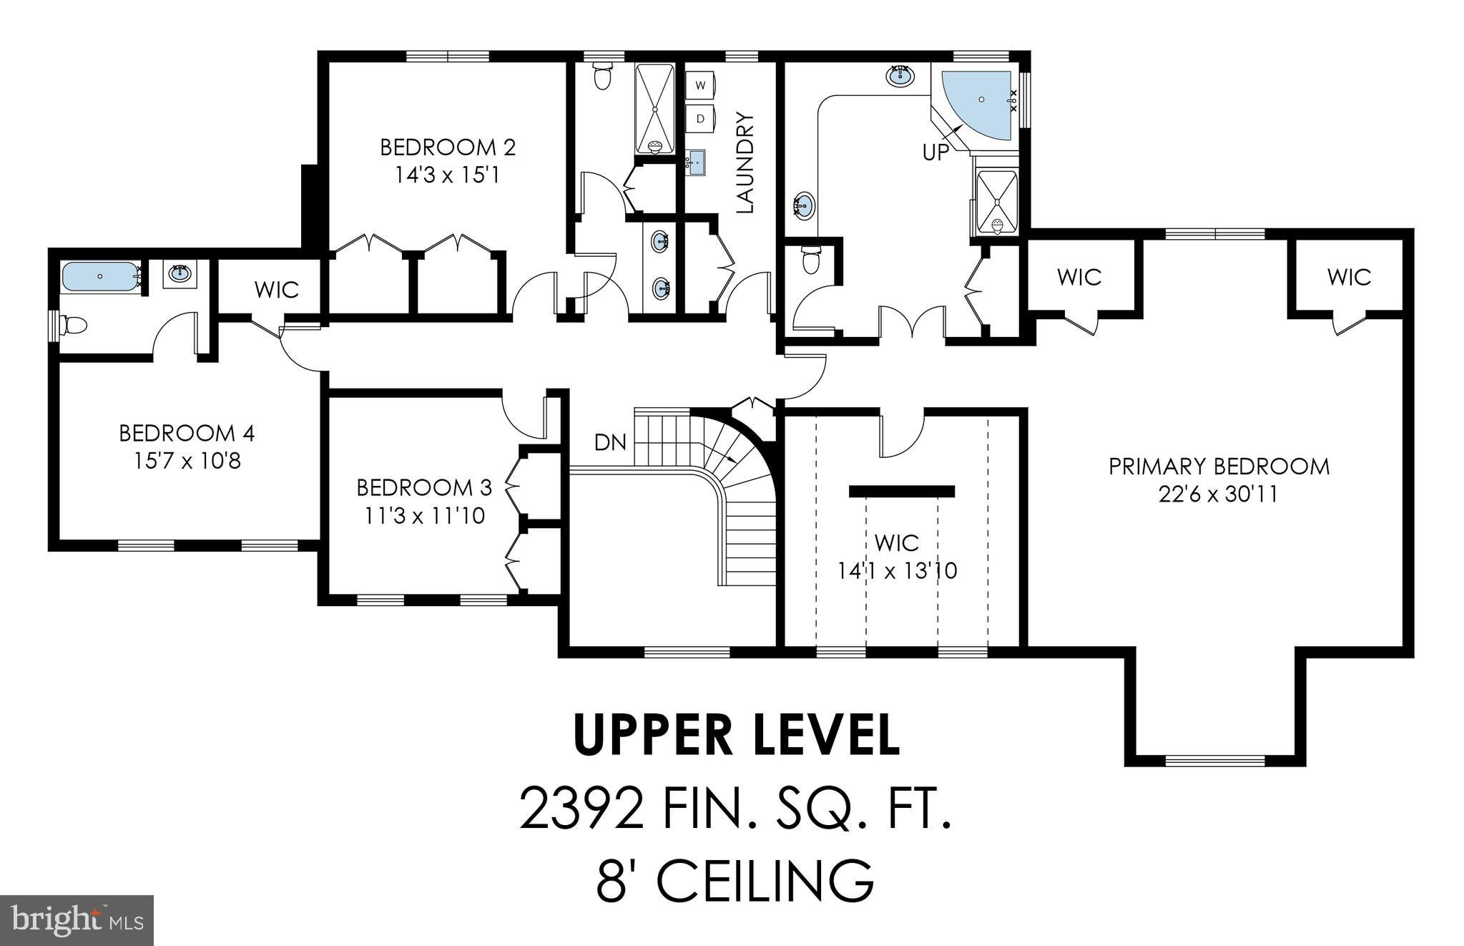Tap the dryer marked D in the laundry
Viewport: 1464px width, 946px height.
701,118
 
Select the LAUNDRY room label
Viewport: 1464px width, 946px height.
745,162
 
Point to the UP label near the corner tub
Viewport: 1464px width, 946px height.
935,152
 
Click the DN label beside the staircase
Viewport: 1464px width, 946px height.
610,443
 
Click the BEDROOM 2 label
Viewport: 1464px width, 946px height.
448,147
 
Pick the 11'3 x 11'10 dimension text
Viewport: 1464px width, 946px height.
425,515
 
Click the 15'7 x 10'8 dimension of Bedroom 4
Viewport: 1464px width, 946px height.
187,461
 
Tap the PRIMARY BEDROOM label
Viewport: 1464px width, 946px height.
1219,467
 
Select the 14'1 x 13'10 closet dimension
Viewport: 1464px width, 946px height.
897,571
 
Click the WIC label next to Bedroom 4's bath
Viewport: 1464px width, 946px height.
277,290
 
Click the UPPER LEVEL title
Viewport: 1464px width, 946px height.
737,735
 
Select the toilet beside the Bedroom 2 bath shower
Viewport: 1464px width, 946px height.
603,75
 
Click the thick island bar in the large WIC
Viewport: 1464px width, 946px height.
902,492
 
